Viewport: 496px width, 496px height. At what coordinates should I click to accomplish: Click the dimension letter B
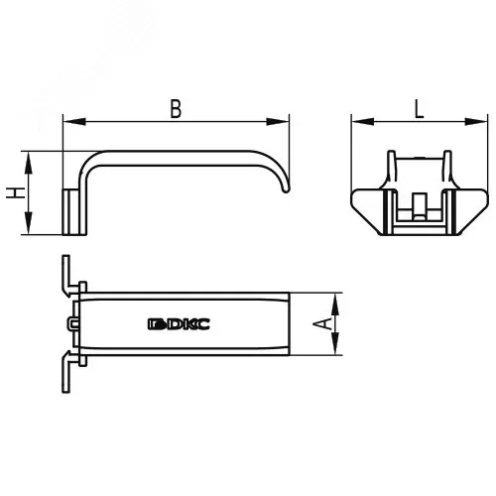pyautogui.click(x=176, y=109)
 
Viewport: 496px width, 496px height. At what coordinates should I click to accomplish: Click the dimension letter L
pyautogui.click(x=419, y=109)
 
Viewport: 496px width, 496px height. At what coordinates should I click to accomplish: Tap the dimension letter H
pyautogui.click(x=16, y=192)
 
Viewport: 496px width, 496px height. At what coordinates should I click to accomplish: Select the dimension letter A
pyautogui.click(x=322, y=323)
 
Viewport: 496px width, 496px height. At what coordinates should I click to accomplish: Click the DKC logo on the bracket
pyautogui.click(x=179, y=324)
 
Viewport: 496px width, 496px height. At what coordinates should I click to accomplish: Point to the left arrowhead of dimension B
pyautogui.click(x=74, y=122)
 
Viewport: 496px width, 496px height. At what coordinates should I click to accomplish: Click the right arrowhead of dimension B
pyautogui.click(x=278, y=122)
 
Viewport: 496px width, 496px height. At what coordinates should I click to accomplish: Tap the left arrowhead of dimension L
pyautogui.click(x=363, y=122)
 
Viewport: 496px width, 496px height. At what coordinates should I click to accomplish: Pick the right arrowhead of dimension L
pyautogui.click(x=476, y=122)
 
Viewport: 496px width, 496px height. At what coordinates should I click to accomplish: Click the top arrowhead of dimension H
pyautogui.click(x=29, y=163)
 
